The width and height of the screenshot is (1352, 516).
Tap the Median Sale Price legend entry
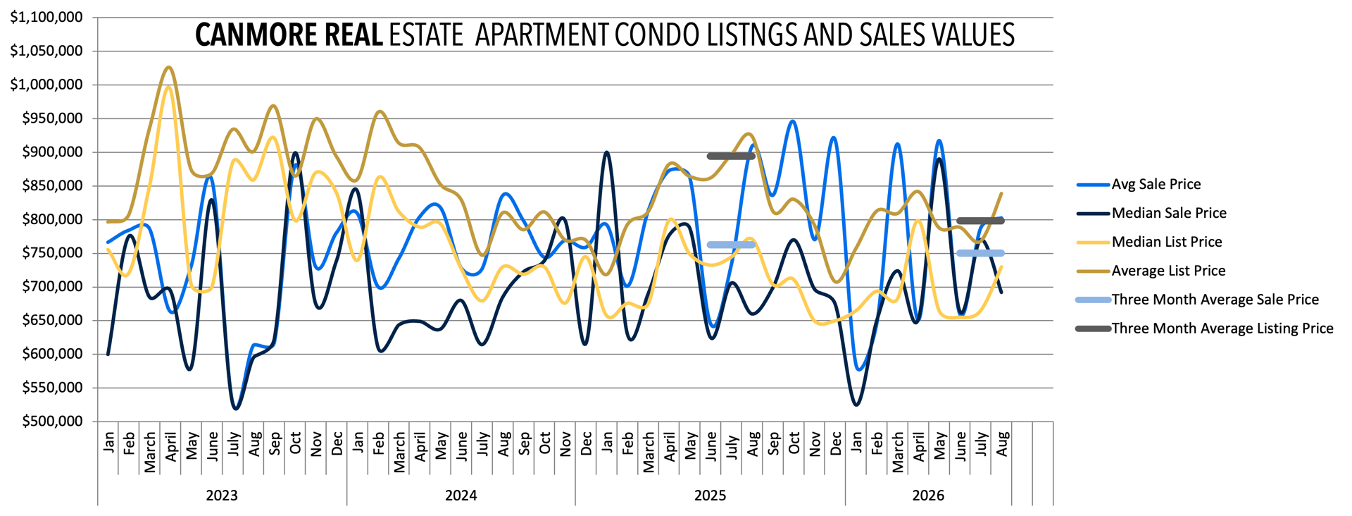tap(1151, 213)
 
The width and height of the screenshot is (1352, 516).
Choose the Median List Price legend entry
tap(1149, 242)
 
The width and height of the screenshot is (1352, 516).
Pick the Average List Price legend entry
tap(1151, 271)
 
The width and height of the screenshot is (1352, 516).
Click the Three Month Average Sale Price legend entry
tap(1197, 300)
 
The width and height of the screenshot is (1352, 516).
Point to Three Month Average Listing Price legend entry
tap(1205, 328)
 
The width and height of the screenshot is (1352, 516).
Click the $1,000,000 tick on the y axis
tap(46, 85)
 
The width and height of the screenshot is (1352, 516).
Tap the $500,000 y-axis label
tap(52, 422)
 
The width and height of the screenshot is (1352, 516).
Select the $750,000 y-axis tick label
tap(52, 253)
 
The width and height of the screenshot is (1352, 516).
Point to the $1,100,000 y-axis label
tap(46, 17)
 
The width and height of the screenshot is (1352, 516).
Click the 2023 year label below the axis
tap(222, 496)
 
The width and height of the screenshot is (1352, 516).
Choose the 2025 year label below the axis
tap(710, 496)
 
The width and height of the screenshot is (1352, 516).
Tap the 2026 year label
tap(928, 496)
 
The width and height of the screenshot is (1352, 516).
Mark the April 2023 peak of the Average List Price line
tap(168, 68)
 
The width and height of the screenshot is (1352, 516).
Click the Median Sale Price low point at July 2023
tap(235, 408)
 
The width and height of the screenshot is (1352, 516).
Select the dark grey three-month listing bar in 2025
tap(732, 156)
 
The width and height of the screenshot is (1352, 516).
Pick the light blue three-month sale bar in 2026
tap(981, 253)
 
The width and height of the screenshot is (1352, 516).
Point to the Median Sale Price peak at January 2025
tap(606, 152)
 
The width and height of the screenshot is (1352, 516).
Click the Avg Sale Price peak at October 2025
tap(794, 121)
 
